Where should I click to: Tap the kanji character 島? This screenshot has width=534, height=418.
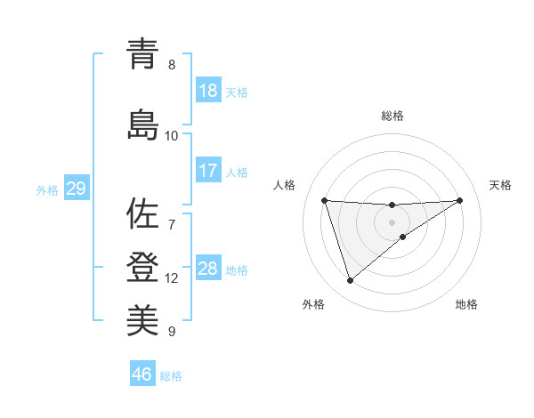tap(143, 125)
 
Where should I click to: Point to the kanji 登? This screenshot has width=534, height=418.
tap(143, 266)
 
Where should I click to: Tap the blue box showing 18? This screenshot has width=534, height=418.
tap(208, 91)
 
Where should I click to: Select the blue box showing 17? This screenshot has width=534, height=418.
tap(208, 171)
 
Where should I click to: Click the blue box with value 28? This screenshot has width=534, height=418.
tap(208, 269)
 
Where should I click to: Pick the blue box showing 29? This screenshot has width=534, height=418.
tap(75, 189)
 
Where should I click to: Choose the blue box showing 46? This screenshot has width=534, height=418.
tap(142, 374)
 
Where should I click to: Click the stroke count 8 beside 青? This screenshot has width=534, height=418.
tap(172, 65)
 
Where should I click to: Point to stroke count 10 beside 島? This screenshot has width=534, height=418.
tap(172, 136)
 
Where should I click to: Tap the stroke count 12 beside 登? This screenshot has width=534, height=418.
tap(172, 278)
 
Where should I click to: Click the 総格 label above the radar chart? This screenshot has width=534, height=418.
tap(392, 116)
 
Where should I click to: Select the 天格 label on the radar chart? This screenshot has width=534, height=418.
tap(501, 185)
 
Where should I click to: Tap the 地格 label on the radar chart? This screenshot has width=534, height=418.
tap(466, 305)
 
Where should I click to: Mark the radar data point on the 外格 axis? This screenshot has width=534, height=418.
tap(350, 281)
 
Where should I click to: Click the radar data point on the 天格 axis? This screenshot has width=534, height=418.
tap(460, 200)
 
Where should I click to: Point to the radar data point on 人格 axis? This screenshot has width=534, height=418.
tap(324, 200)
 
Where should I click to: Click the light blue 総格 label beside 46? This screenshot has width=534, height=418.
tap(171, 376)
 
